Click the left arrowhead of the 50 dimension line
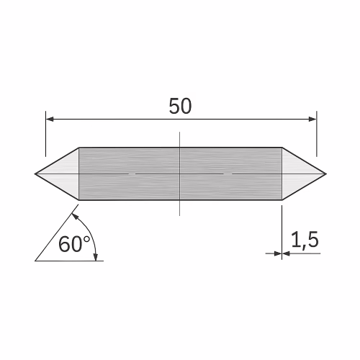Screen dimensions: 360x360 click(x=50, y=118)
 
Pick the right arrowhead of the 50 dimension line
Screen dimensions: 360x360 click(x=312, y=118)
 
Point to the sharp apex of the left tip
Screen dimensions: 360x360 click(x=35, y=174)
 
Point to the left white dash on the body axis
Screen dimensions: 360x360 click(x=131, y=174)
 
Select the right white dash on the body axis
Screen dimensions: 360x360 click(x=228, y=174)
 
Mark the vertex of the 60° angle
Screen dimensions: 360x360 click(x=35, y=260)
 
